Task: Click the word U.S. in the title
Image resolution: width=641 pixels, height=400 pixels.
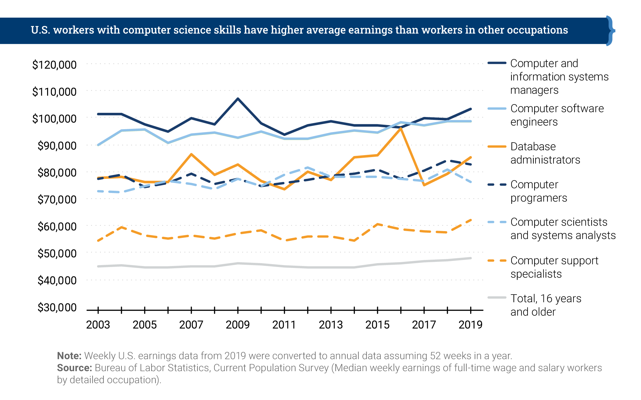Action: [x=40, y=30]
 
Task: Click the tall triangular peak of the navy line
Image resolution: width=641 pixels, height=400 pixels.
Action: [x=237, y=99]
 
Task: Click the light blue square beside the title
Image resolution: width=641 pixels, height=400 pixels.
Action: [x=623, y=34]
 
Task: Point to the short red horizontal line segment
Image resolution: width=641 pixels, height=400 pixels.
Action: [x=520, y=119]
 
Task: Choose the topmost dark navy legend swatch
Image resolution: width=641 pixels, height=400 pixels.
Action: [x=499, y=67]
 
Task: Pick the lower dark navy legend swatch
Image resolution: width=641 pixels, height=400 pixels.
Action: [x=499, y=190]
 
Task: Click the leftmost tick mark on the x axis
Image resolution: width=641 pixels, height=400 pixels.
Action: [x=97, y=308]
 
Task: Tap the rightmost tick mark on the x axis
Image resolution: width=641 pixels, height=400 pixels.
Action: [x=470, y=308]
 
